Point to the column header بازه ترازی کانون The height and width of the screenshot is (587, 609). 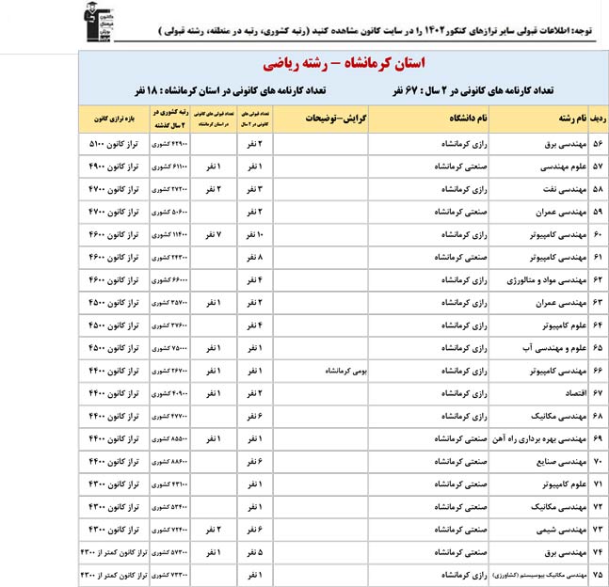click(x=109, y=120)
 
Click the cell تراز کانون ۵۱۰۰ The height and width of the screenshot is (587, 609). click(x=109, y=145)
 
